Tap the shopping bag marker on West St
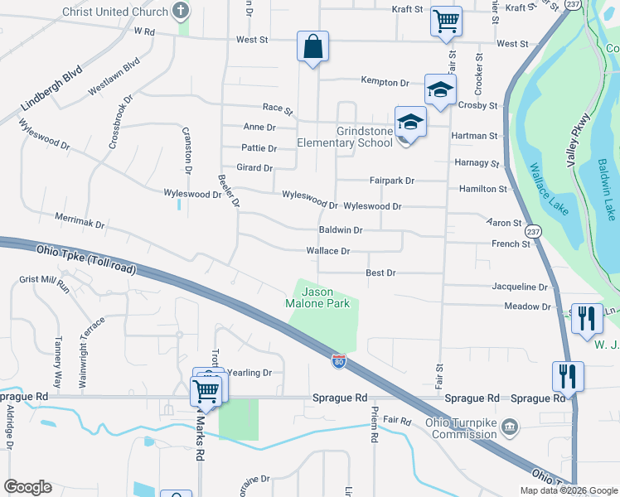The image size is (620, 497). coord(313,47)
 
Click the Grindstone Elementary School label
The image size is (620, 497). coord(364,137)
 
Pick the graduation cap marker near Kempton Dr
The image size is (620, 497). coord(440,89)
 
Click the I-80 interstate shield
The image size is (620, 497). coord(338,361)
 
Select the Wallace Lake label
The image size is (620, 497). coord(549,190)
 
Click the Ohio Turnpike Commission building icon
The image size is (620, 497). coord(511,428)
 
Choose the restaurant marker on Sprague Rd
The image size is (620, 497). coord(569,375)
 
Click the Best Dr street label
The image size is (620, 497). coord(381,273)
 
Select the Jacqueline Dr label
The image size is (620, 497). coord(520,287)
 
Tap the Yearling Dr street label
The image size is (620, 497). coord(249,373)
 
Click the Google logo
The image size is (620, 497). coord(27,487)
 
